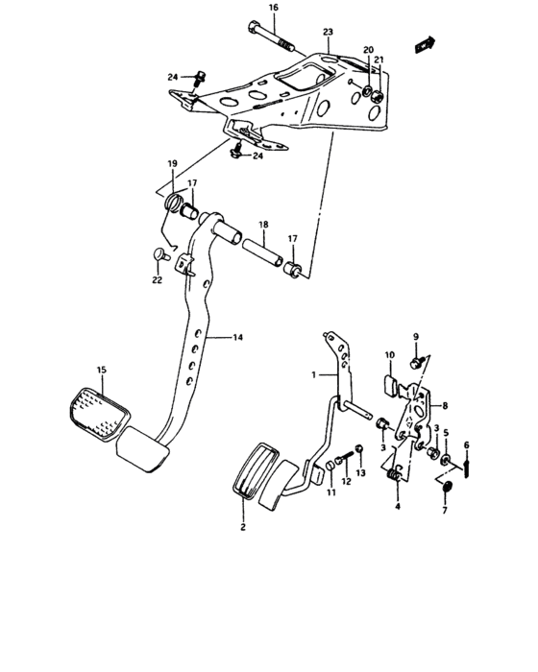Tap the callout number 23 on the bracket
[x=328, y=32]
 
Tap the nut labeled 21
[x=376, y=96]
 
